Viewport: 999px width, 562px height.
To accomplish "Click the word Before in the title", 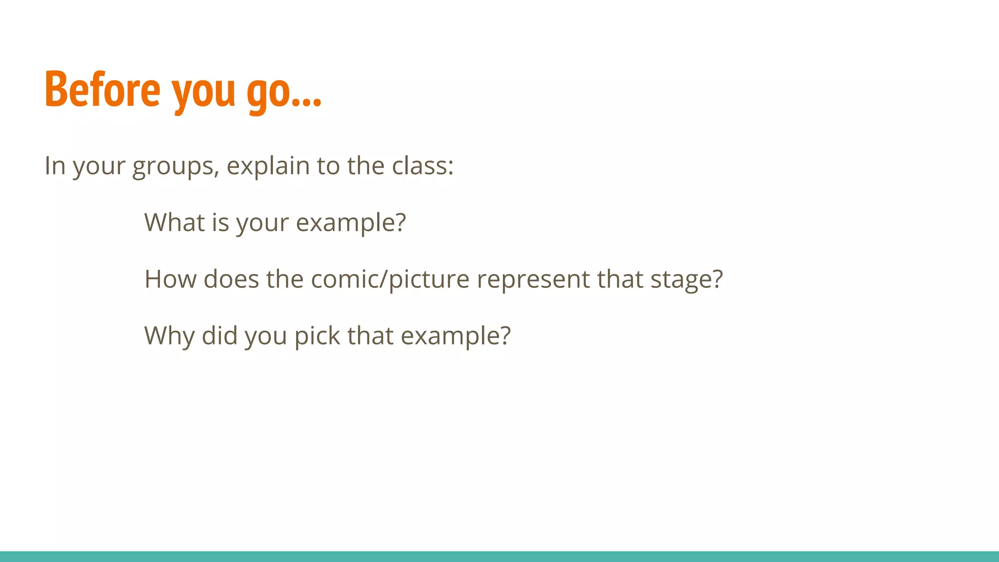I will tap(102, 90).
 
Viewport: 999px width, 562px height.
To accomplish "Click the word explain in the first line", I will tap(268, 167).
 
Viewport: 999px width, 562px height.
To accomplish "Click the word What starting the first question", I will tap(175, 222).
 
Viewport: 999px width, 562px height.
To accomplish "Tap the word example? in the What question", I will tap(351, 223).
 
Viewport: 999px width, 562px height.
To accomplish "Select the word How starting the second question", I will tap(170, 279).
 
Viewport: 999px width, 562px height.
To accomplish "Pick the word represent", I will tap(533, 280).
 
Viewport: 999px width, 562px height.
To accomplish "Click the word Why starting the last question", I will tap(169, 337).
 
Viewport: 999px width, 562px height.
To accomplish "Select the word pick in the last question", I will tap(317, 337).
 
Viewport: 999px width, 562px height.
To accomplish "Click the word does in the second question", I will tap(231, 279).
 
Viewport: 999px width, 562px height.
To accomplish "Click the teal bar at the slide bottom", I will tap(499, 556).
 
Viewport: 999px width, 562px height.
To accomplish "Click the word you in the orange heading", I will tap(204, 93).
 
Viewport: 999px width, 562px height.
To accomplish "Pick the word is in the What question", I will tap(220, 222).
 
